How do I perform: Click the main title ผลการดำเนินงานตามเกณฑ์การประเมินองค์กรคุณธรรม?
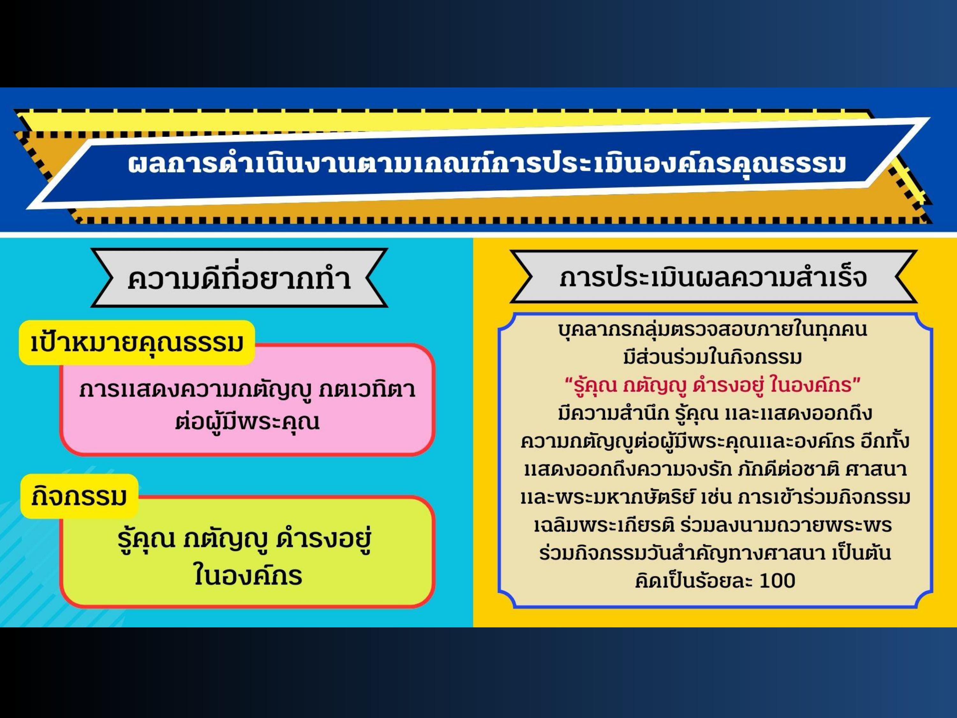[487, 164]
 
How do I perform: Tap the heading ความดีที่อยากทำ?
[239, 278]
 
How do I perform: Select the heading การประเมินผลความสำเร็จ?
[713, 277]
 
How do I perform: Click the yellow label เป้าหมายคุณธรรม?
[137, 343]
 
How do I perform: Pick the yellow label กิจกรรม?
[79, 497]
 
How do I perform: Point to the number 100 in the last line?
[777, 581]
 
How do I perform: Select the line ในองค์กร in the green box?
[248, 575]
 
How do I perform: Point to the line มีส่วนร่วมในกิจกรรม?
[713, 357]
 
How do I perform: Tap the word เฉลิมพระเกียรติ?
[604, 525]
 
